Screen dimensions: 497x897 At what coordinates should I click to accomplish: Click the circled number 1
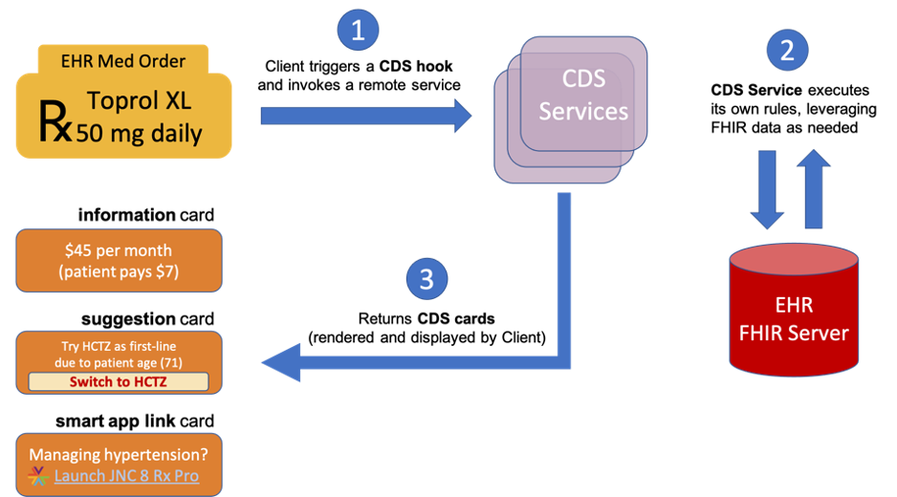(358, 31)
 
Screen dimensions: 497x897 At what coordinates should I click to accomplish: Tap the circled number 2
(787, 50)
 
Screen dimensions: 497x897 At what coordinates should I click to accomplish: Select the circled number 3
(427, 278)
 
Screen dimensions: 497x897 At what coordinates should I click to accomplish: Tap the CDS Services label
(582, 97)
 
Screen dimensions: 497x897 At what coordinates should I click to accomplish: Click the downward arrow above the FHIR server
(767, 188)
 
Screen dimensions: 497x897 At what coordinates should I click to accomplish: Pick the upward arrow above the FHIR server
(813, 188)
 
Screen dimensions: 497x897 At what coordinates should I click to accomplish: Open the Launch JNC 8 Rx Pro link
(126, 475)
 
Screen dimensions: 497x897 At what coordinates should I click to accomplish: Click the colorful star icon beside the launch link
(37, 475)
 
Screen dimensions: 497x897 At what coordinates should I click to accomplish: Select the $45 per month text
(119, 250)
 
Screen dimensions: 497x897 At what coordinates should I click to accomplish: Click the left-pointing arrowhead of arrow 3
(282, 363)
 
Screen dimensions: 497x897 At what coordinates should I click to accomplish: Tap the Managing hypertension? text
(119, 453)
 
